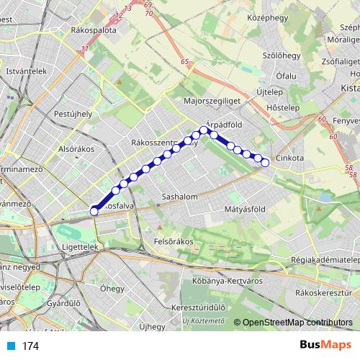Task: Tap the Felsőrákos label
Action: [x=174, y=242]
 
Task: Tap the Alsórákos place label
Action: [x=76, y=149]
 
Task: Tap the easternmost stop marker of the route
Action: [x=265, y=163]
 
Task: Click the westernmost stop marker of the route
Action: [x=94, y=211]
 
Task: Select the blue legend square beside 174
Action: [x=9, y=346]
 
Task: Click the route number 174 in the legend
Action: [x=30, y=346]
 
